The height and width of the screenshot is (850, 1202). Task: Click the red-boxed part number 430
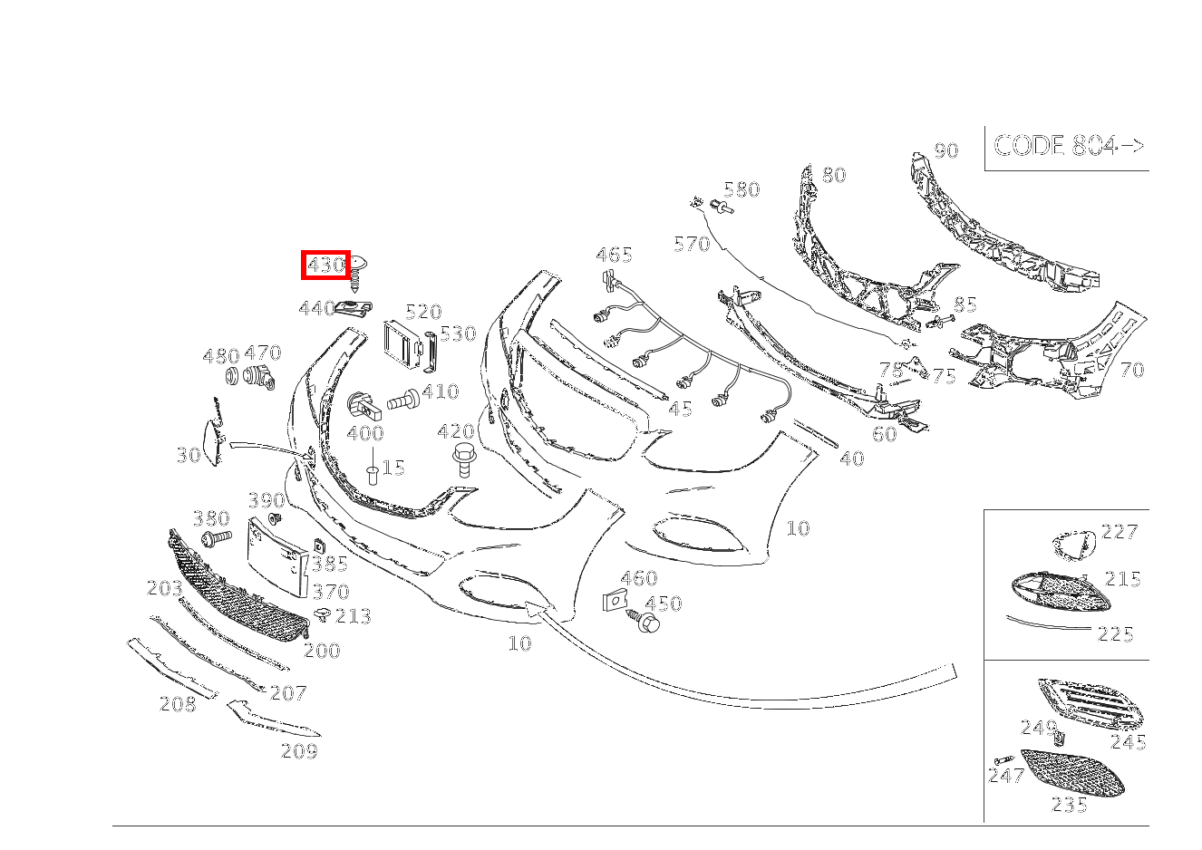[x=325, y=266]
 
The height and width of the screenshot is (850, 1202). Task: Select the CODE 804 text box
[x=1068, y=146]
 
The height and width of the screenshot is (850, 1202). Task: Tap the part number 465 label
[x=614, y=255]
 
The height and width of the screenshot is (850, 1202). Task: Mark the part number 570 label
[x=692, y=243]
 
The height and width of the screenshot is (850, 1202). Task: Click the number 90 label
[x=945, y=150]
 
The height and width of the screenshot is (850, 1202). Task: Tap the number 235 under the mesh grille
[x=1069, y=804]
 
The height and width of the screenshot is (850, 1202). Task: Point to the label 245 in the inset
[x=1128, y=743]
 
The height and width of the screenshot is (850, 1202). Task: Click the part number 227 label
[x=1119, y=532]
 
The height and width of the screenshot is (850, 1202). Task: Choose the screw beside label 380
[x=214, y=539]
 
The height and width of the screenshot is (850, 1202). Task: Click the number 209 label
[x=299, y=750]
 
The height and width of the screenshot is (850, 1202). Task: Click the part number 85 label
[x=965, y=305]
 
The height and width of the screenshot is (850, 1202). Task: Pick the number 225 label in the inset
[x=1115, y=634]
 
